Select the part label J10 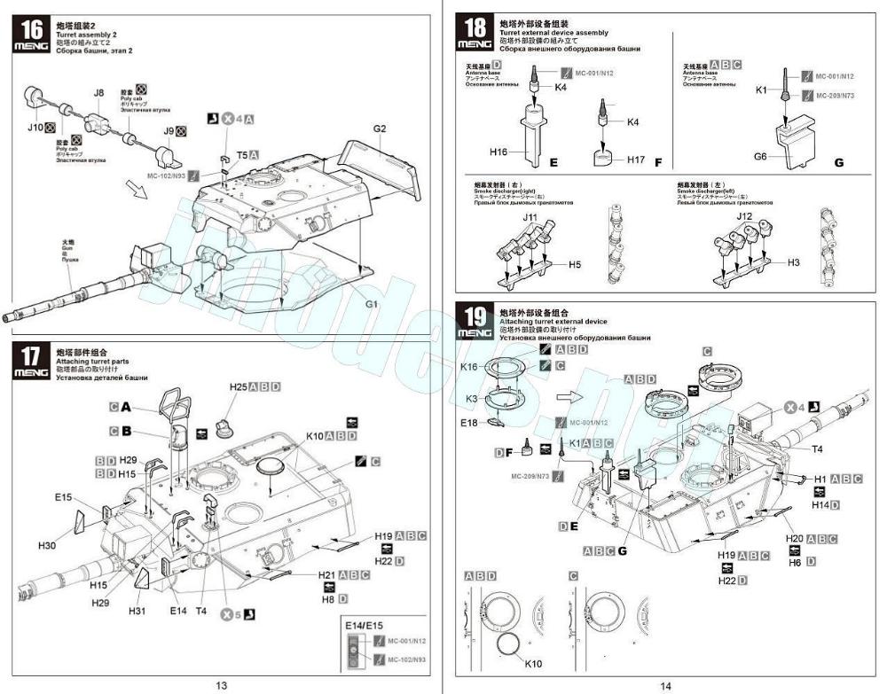(35, 128)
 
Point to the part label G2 (380, 129)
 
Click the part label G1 (373, 304)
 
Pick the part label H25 (238, 387)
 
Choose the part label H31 (136, 611)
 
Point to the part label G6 (760, 156)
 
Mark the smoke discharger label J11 (530, 216)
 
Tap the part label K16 (468, 366)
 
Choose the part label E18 (469, 423)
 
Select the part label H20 (794, 539)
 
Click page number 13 (221, 684)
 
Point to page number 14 (665, 684)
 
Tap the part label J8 (98, 92)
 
